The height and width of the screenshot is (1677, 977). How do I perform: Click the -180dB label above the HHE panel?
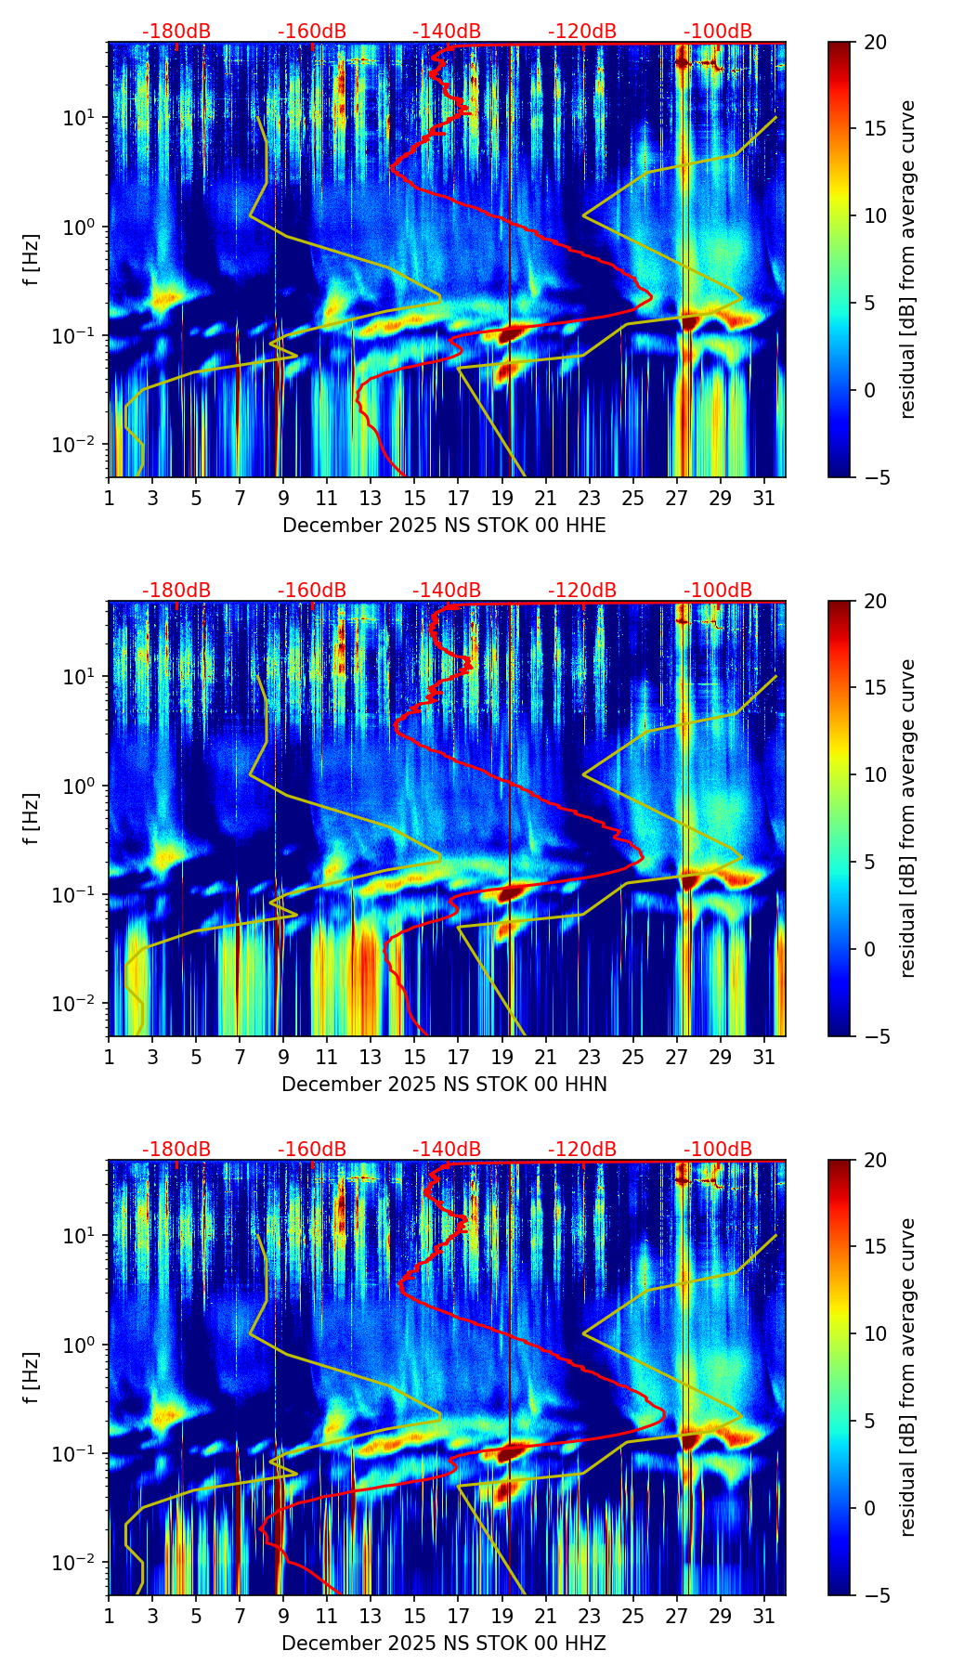(176, 32)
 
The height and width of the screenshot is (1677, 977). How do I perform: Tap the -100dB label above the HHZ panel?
(718, 1150)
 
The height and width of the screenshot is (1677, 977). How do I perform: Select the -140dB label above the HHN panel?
(447, 591)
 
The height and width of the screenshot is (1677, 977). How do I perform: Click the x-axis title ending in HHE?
(444, 526)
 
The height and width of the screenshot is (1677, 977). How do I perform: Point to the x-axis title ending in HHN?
(444, 1085)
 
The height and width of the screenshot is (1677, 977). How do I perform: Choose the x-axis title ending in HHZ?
(444, 1644)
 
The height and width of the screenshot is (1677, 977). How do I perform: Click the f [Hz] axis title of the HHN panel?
(33, 818)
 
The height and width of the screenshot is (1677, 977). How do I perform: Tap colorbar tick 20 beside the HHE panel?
(875, 42)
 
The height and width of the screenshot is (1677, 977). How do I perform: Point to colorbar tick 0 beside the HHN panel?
(869, 949)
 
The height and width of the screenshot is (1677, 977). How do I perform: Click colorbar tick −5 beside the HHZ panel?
(875, 1595)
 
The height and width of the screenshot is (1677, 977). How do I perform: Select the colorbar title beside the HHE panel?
(907, 259)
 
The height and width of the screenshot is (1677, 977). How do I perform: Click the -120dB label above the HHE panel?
(582, 32)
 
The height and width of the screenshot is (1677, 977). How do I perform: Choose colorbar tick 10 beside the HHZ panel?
(875, 1334)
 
